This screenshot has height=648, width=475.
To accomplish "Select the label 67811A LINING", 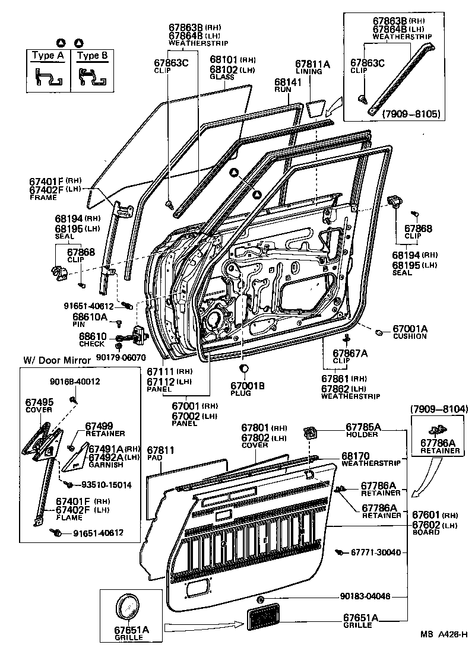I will pyautogui.click(x=313, y=67).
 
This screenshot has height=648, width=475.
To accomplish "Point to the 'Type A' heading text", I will pyautogui.click(x=47, y=56).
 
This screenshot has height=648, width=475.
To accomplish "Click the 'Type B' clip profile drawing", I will pyautogui.click(x=93, y=77).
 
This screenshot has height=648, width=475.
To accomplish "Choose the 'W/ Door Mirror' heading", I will pyautogui.click(x=57, y=360).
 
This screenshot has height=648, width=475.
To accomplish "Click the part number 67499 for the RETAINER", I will pyautogui.click(x=99, y=425).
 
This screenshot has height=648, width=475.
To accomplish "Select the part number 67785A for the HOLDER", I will pyautogui.click(x=363, y=427).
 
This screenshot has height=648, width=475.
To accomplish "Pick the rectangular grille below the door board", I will pyautogui.click(x=265, y=619).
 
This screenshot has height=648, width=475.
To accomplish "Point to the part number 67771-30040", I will pyautogui.click(x=376, y=552).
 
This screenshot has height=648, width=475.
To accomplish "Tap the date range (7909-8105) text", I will pyautogui.click(x=411, y=113).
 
